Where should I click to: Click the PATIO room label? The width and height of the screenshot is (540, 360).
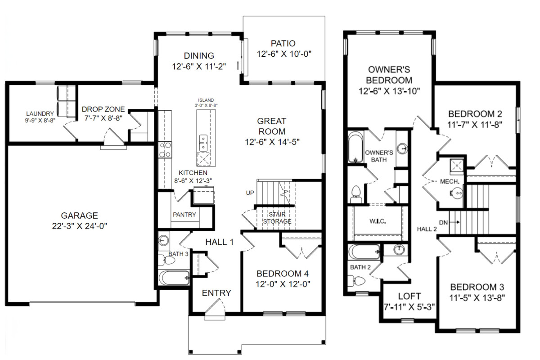click(283, 43)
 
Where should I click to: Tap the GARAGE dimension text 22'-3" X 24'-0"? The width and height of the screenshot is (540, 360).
click(80, 226)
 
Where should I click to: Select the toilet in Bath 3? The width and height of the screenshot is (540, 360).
click(169, 261)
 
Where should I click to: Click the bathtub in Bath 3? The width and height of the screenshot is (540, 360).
click(174, 278)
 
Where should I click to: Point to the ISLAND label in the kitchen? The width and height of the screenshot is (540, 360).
click(206, 100)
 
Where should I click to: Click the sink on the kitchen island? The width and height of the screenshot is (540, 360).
click(203, 143)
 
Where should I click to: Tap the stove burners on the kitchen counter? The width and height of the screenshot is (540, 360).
click(165, 150)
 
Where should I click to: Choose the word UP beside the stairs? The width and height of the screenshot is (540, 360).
click(250, 193)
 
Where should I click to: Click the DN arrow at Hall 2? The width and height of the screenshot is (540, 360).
click(454, 222)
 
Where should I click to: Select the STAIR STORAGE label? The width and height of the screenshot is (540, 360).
click(277, 218)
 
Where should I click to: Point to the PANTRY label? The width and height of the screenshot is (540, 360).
click(184, 215)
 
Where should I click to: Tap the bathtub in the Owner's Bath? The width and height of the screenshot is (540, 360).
click(355, 147)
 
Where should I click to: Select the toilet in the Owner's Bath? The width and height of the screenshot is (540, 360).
click(356, 194)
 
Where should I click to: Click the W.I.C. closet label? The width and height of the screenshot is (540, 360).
click(378, 221)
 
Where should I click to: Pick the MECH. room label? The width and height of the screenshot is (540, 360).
click(450, 181)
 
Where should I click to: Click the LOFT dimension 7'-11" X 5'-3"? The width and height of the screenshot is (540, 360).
click(409, 307)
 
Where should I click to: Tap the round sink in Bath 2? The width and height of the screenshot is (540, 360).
click(399, 250)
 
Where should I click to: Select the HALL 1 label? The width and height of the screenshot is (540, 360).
click(220, 242)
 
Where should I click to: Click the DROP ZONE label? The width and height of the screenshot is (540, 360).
click(103, 109)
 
